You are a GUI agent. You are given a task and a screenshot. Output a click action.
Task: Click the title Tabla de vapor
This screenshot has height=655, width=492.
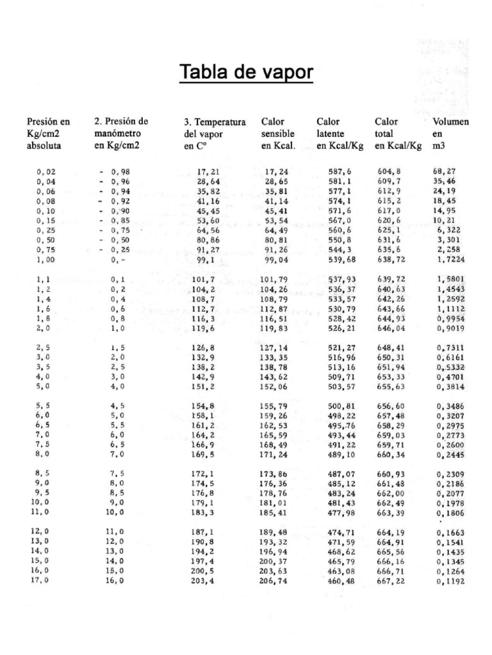247,72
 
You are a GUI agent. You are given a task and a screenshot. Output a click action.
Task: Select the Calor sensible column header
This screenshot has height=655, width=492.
278,133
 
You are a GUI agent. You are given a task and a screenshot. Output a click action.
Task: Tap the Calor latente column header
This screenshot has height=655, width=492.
340,133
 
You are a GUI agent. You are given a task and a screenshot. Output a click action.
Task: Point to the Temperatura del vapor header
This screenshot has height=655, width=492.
215,134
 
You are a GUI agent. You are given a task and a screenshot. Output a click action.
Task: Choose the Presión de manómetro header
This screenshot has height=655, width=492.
121,133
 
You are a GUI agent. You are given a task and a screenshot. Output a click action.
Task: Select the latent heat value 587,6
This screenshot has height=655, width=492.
340,171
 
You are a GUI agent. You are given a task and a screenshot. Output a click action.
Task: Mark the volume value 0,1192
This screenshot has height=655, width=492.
450,581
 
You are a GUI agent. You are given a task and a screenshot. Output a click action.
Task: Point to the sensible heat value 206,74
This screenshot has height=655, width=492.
276,581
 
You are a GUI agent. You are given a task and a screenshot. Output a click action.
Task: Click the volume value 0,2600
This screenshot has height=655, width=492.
450,445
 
